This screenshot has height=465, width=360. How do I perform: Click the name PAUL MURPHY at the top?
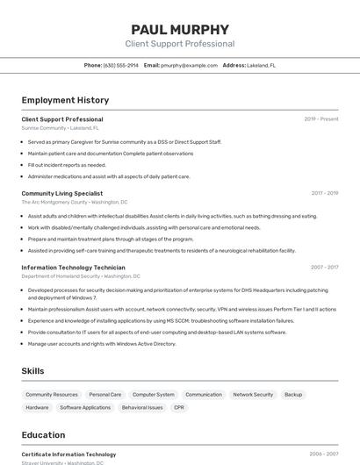(180, 29)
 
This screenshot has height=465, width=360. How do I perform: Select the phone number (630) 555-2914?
(121, 65)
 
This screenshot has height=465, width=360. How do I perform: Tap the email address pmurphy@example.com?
(189, 65)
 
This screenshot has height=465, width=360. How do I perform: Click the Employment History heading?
(65, 100)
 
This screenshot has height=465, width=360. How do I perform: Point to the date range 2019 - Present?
(321, 119)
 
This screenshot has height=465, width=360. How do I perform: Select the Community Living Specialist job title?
(61, 193)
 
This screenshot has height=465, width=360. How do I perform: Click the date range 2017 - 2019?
(324, 193)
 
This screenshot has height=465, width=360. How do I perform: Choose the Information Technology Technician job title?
(73, 267)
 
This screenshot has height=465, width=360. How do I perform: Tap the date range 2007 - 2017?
(324, 267)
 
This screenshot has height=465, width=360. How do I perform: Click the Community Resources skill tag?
(52, 395)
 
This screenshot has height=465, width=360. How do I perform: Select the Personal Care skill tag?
(105, 395)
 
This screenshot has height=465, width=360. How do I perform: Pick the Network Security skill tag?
(253, 395)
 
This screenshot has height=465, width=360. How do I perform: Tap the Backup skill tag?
(293, 395)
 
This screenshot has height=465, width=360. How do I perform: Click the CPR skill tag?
(179, 408)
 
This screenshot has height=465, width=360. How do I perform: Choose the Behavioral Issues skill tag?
(142, 408)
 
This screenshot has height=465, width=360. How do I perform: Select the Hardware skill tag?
(38, 408)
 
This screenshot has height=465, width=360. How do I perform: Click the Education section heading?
(43, 435)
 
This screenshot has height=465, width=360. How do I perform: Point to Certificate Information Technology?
(68, 454)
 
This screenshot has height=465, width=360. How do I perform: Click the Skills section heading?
(32, 371)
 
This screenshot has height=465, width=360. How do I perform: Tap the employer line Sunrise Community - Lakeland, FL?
(60, 128)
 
